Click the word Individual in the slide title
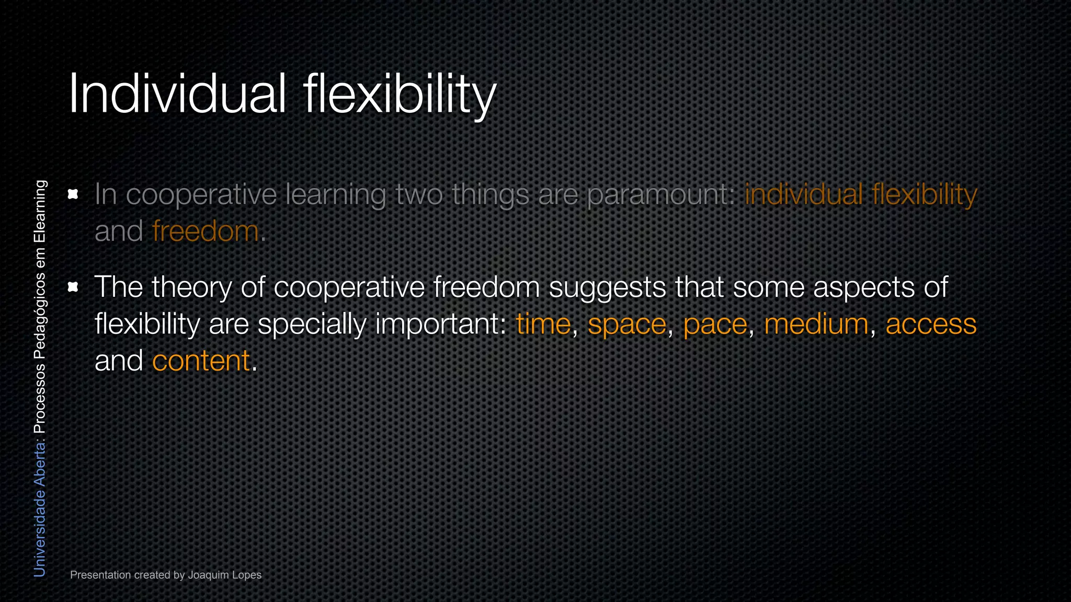(177, 94)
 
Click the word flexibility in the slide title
(400, 94)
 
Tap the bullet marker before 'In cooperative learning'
(73, 194)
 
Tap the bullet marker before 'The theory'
(73, 287)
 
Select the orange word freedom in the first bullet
(205, 231)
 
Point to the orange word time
(543, 325)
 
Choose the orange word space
(626, 325)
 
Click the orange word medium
(816, 325)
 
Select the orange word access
(930, 325)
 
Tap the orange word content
(201, 361)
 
